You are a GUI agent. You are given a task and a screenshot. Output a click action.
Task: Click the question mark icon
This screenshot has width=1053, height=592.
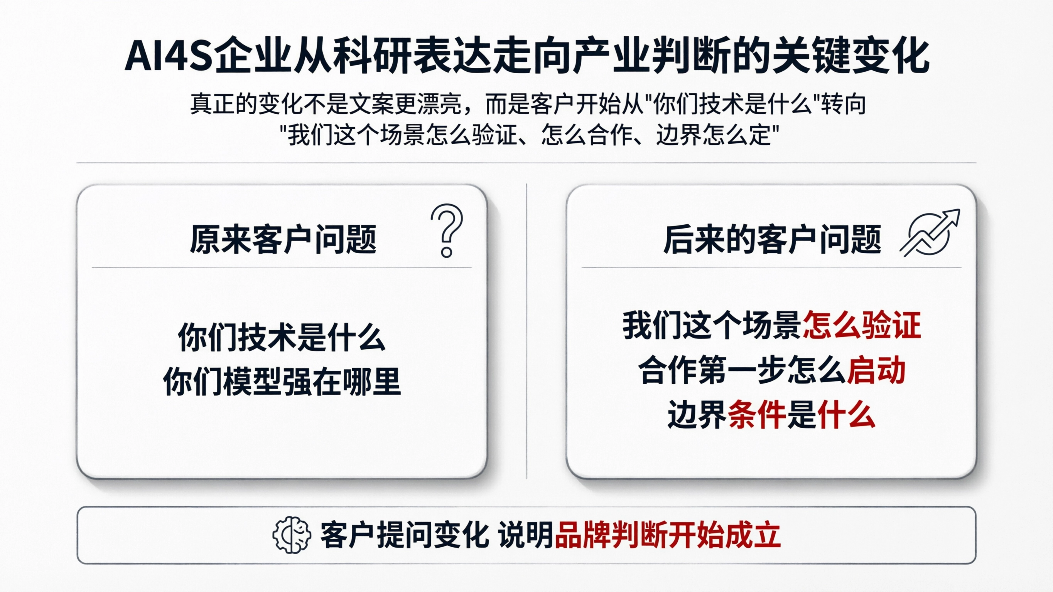447,230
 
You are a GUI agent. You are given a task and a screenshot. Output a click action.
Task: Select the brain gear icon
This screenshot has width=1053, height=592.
292,535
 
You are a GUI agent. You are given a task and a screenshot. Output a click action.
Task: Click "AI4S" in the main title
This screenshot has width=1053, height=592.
169,56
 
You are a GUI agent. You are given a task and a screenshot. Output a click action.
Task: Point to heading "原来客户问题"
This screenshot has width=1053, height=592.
283,240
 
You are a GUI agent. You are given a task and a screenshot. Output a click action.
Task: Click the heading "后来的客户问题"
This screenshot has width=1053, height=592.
772,240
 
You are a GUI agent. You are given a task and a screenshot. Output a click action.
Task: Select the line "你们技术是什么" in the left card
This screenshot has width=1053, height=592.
282,338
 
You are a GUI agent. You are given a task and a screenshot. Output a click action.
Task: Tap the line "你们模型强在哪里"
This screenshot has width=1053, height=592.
282,382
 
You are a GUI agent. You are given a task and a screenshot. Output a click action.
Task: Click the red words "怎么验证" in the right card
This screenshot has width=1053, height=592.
862,325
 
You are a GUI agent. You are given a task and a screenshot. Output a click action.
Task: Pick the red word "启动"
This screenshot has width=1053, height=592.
876,370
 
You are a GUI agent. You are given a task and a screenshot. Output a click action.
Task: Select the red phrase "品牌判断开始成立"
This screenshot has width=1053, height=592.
668,535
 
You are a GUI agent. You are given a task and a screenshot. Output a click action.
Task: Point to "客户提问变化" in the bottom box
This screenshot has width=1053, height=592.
404,535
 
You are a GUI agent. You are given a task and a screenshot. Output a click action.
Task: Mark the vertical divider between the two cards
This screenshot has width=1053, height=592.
526,331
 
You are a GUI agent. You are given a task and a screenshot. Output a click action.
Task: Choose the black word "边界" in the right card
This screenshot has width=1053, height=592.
697,415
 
